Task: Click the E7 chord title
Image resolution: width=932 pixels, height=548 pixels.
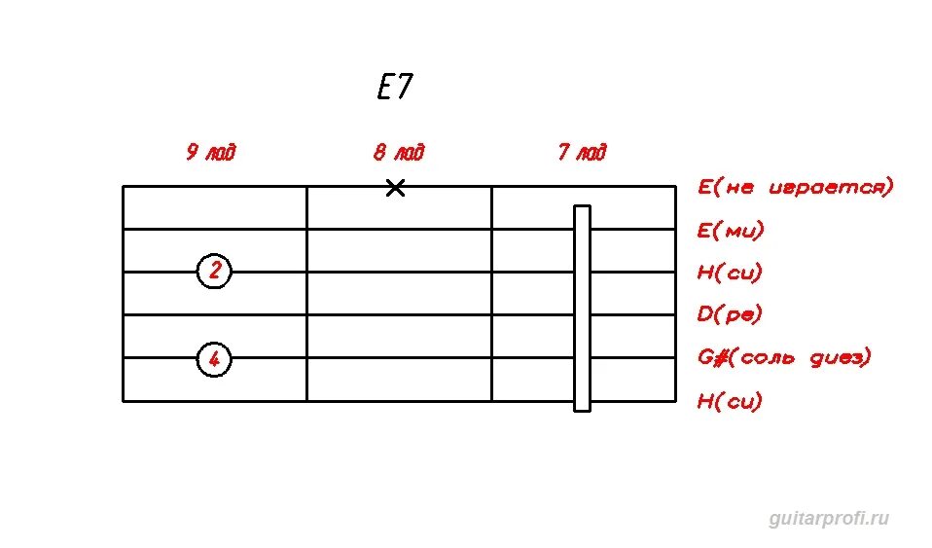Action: tap(394, 89)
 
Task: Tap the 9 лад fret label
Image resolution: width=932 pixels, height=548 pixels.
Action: tap(211, 153)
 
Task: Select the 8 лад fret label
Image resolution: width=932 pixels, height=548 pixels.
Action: tap(398, 153)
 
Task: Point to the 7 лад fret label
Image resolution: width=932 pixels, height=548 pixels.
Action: tap(582, 153)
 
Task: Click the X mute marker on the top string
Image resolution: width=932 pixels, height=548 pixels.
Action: tap(395, 188)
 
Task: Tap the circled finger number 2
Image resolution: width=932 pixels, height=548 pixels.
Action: tap(214, 272)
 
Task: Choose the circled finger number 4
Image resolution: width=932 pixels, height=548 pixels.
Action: tap(214, 360)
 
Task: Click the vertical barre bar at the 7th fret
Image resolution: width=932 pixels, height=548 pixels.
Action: tap(582, 308)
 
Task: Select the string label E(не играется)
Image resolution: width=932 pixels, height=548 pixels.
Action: tap(794, 186)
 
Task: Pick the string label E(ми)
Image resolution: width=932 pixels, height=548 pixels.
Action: tap(731, 231)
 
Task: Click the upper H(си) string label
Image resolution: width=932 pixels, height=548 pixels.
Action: tap(730, 273)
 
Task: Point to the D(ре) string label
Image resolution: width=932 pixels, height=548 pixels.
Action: tap(730, 314)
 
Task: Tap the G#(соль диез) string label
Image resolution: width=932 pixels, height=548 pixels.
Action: tap(783, 357)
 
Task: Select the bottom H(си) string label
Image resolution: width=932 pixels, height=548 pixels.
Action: tap(730, 401)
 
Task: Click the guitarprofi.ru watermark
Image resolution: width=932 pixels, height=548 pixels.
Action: tap(829, 519)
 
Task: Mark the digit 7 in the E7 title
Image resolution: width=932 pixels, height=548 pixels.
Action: tap(405, 89)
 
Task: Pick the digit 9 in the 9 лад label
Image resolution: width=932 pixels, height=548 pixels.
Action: tap(192, 153)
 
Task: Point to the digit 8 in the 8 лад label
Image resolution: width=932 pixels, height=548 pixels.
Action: tap(379, 153)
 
